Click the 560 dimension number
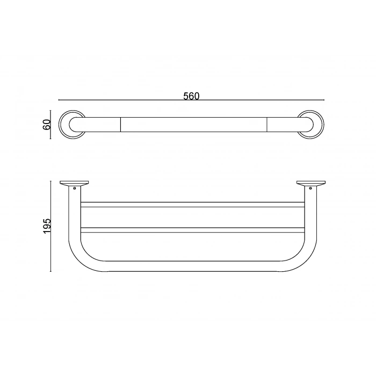[191, 96]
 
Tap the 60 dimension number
[47, 125]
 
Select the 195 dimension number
[47, 226]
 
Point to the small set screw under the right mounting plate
[310, 188]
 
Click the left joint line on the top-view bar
[120, 124]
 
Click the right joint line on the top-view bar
[267, 124]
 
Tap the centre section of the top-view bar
[193, 124]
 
